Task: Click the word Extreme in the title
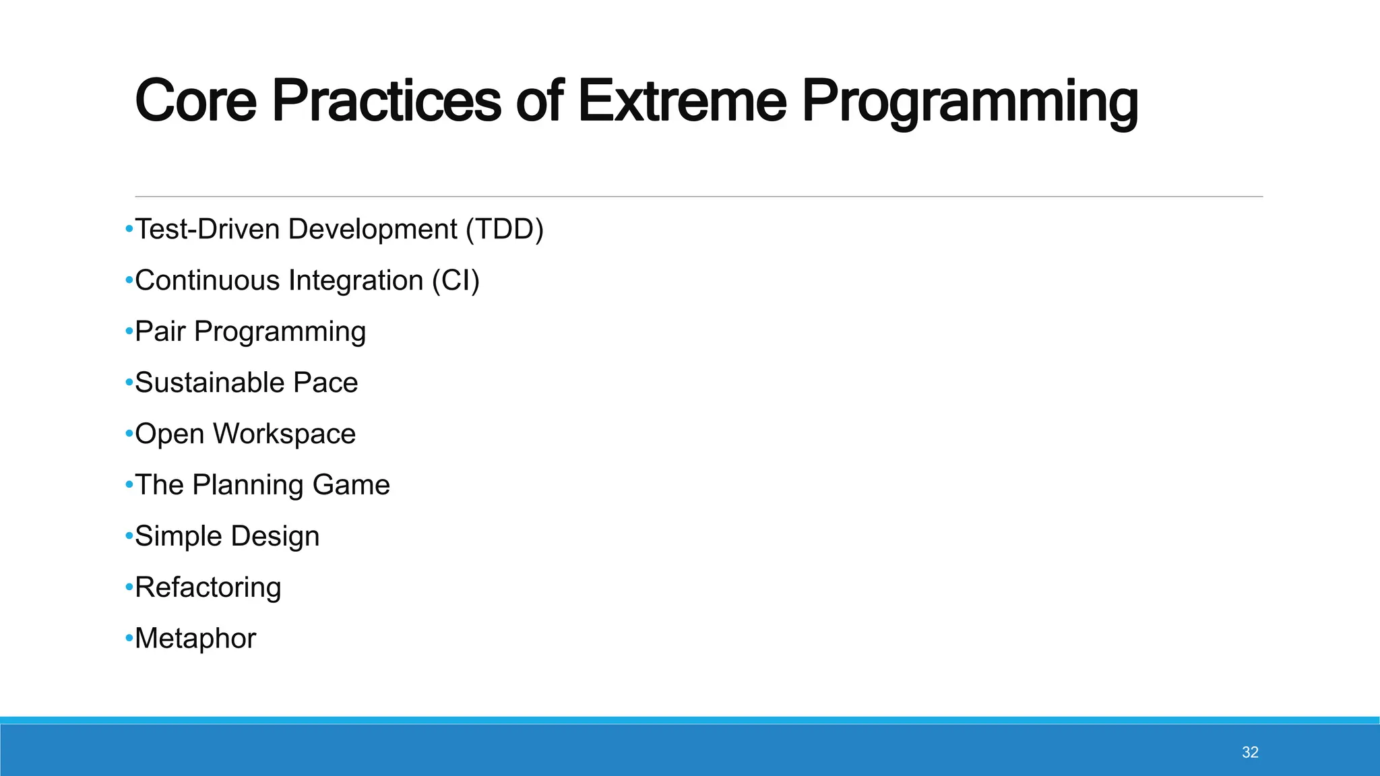click(x=681, y=101)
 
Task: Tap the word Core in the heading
click(x=195, y=101)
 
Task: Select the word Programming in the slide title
click(x=969, y=101)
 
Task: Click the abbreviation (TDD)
click(x=505, y=229)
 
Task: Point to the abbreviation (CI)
click(x=456, y=280)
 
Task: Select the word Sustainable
click(x=209, y=383)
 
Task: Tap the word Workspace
click(x=284, y=434)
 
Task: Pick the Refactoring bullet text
click(x=208, y=587)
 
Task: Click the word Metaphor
click(x=195, y=639)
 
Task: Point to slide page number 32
click(x=1250, y=752)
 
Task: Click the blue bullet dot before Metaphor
click(x=129, y=638)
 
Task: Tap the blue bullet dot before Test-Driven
click(x=129, y=229)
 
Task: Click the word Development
click(x=373, y=229)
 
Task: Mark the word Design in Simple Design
click(x=275, y=536)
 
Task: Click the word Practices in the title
click(x=386, y=101)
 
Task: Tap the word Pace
click(x=325, y=383)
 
